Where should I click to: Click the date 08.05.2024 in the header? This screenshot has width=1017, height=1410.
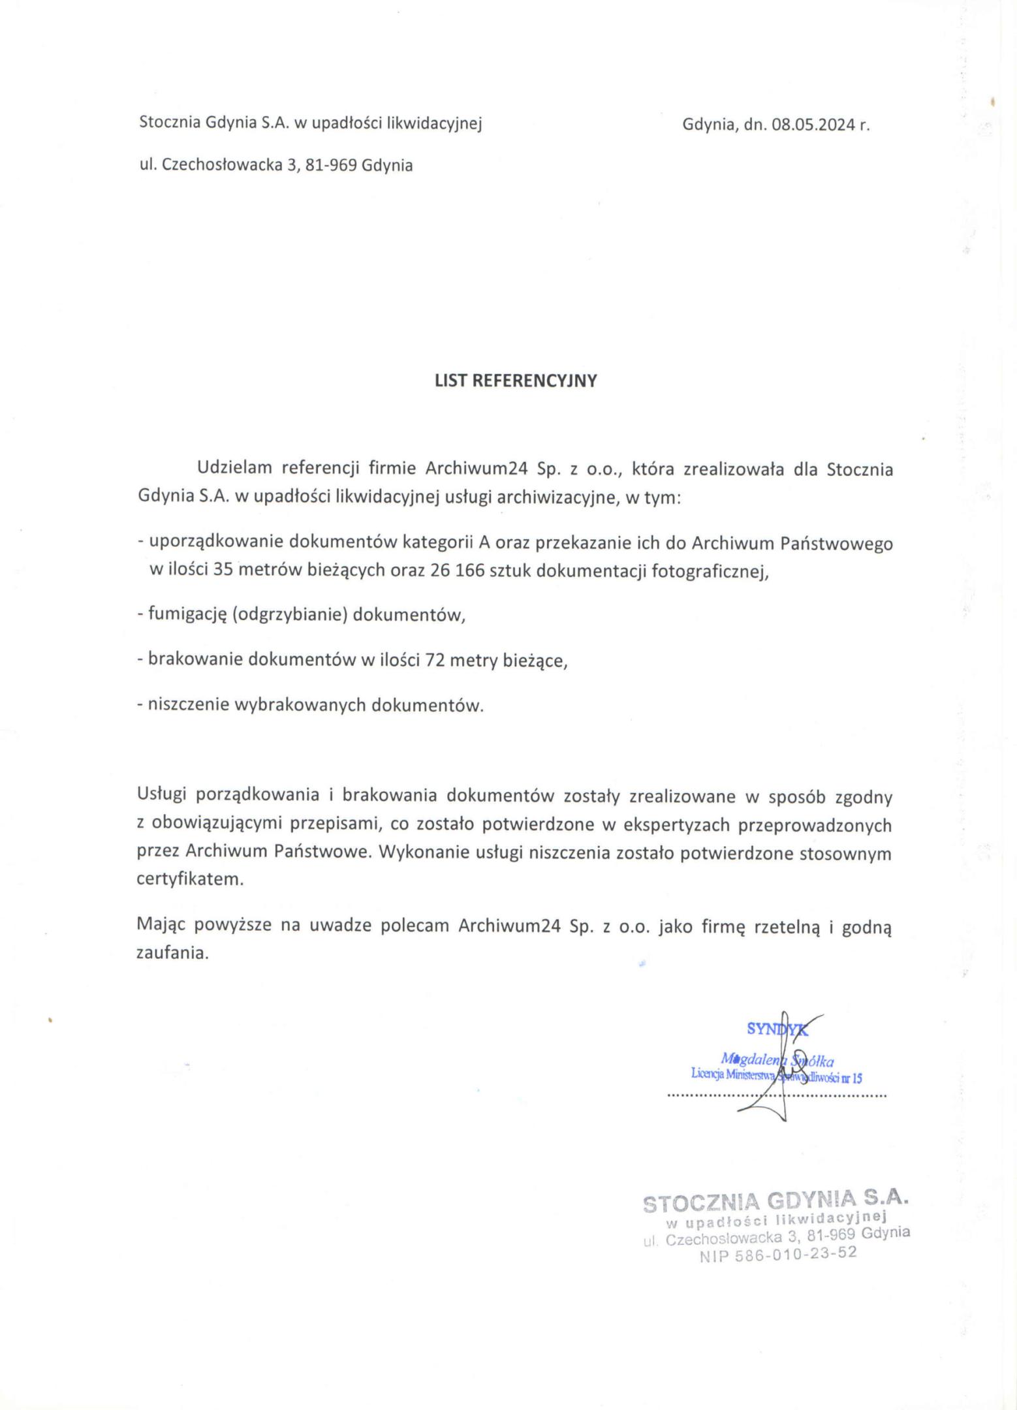(813, 125)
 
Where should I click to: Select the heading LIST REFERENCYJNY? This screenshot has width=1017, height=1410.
(516, 381)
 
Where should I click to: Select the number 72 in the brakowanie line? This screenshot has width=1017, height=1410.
(435, 660)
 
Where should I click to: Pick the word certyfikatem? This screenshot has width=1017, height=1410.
(190, 879)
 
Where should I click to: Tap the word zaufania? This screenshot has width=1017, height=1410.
(172, 952)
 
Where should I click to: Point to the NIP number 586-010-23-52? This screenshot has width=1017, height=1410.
(777, 1255)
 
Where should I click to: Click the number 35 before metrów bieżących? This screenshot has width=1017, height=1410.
(223, 571)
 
